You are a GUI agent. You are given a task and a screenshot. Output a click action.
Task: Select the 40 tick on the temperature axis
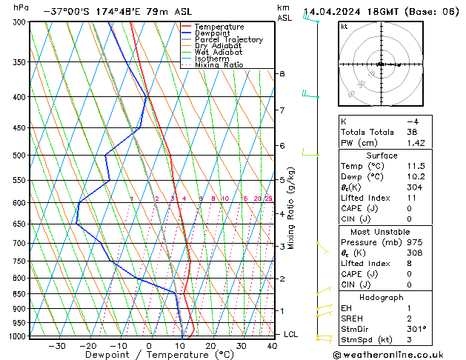[x=273, y=346]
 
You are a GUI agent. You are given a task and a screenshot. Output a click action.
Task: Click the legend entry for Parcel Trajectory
[x=228, y=40]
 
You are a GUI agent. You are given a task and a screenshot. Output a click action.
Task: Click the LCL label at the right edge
[x=290, y=335]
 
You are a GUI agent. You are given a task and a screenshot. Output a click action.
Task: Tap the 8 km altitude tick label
[x=282, y=74]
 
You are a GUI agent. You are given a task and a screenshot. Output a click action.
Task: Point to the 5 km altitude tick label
[x=282, y=180]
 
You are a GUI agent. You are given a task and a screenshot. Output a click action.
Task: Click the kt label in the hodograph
[x=344, y=26]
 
